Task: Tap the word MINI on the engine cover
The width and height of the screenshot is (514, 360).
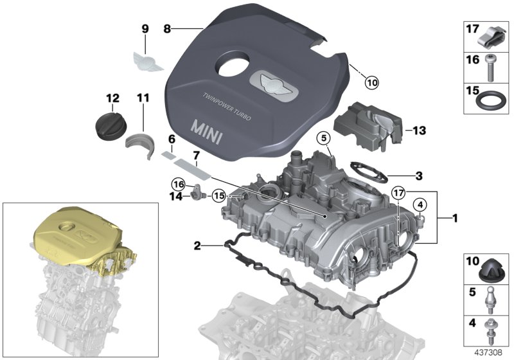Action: tap(214, 127)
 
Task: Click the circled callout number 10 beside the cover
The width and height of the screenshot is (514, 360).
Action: tap(373, 82)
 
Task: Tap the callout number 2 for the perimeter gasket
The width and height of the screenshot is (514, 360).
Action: tap(197, 245)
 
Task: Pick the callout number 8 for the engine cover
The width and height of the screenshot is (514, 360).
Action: tap(168, 28)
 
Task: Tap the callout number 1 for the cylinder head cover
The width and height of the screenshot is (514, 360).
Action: tap(454, 219)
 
